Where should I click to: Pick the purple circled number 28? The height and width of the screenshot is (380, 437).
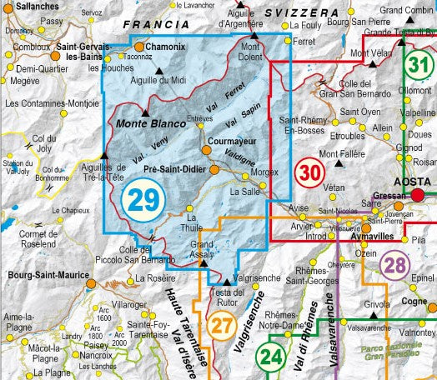click(x=394, y=266)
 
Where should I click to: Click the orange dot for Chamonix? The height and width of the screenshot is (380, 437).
click(x=139, y=47)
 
